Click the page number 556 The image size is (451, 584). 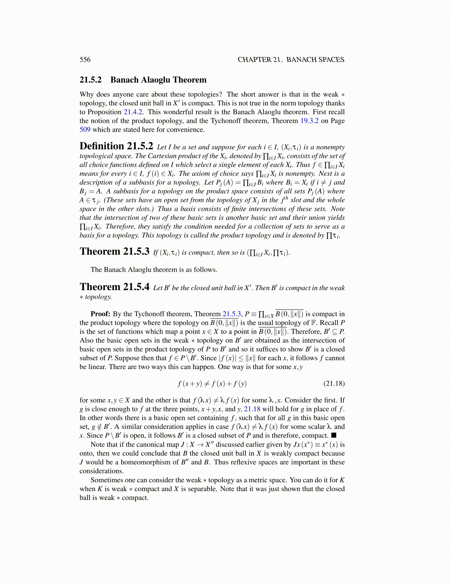(x=85, y=60)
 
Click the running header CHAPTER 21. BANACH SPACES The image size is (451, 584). (x=291, y=60)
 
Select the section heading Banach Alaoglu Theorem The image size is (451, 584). (x=158, y=80)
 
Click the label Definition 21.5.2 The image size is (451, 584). (x=116, y=146)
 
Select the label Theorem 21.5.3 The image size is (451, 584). (x=114, y=251)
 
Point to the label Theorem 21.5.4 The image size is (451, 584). (x=114, y=287)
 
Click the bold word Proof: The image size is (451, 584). (x=100, y=314)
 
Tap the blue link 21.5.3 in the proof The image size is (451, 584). (x=232, y=314)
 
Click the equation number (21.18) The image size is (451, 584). (x=334, y=383)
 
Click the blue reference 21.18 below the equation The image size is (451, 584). (x=252, y=409)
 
